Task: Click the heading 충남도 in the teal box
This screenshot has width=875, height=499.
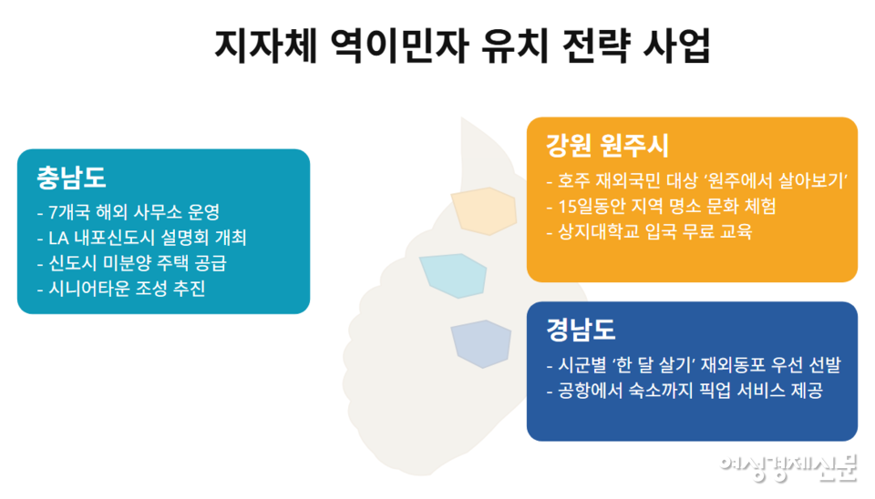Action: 72,178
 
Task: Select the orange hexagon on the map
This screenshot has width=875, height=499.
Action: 484,209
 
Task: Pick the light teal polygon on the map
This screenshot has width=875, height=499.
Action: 452,276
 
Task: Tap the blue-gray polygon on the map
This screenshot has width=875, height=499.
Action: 480,344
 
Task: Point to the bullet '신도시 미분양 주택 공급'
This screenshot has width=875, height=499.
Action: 132,264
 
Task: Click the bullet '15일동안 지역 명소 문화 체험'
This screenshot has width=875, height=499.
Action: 661,206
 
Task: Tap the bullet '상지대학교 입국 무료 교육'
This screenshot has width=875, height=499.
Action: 650,231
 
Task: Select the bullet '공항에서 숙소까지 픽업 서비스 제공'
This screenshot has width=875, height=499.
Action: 685,392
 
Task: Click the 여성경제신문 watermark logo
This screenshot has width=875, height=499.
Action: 788,466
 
